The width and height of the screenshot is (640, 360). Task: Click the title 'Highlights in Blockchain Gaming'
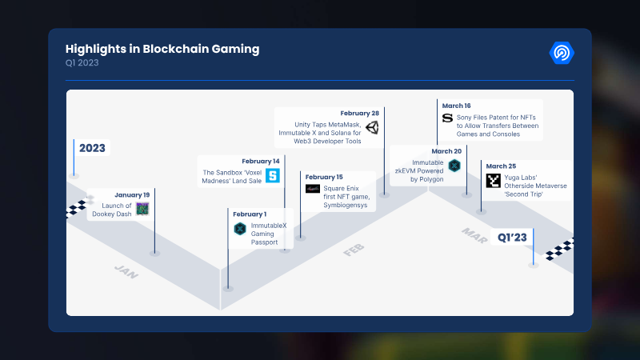point(162,49)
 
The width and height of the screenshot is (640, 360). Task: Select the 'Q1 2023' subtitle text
point(82,63)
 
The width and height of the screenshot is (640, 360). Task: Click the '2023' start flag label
point(92,148)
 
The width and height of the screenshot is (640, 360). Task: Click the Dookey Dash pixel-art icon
point(142,209)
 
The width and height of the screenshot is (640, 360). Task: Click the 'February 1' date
point(250,214)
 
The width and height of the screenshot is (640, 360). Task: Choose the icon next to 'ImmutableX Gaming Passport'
point(239,229)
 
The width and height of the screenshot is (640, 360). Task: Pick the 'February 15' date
point(323,177)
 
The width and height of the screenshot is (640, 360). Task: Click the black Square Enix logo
point(313,189)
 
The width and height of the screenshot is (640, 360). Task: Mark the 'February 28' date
point(359,113)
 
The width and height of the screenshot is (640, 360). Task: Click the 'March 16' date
point(456,105)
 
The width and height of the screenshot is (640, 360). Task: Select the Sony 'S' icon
point(447,118)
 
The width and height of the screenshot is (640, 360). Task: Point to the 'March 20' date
point(446,150)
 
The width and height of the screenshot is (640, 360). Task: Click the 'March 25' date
point(501,166)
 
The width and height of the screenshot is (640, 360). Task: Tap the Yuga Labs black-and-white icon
point(494,181)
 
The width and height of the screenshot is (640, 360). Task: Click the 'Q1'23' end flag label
point(513,237)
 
